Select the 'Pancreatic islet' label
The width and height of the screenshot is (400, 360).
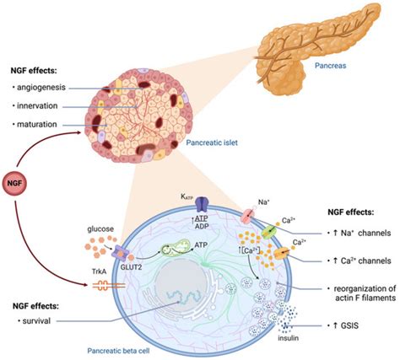coord(209,143)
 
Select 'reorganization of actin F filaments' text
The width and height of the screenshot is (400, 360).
coord(354,292)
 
